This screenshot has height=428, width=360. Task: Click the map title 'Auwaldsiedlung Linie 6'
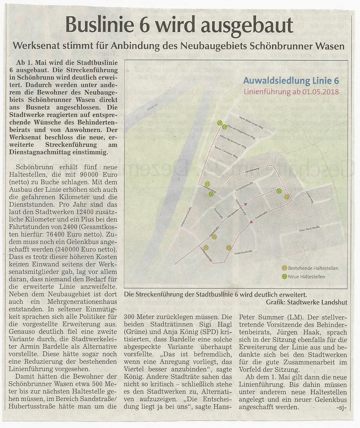coord(292,81)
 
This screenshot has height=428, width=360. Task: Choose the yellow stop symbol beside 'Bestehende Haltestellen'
coord(284,268)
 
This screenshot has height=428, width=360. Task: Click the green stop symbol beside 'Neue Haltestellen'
coord(284,276)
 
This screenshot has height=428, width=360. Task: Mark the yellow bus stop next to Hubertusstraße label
coord(229,248)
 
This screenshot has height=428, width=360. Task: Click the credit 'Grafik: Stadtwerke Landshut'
coord(307,302)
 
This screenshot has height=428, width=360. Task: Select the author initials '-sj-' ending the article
coord(341,407)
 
